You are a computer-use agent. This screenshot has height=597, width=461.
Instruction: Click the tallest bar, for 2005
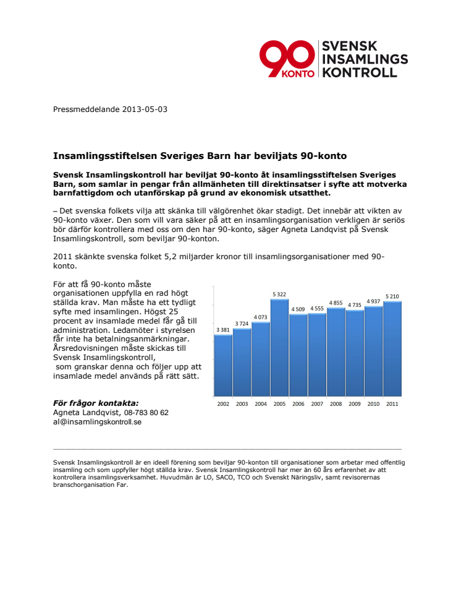279,348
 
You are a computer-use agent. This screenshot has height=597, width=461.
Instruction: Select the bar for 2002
223,366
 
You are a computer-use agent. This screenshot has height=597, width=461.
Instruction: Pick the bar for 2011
392,349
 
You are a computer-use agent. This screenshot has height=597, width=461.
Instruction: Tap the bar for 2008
336,352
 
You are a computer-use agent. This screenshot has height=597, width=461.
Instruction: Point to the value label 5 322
279,294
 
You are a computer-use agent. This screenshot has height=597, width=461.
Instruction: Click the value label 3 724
242,324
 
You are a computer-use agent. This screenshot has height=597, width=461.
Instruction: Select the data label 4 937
373,301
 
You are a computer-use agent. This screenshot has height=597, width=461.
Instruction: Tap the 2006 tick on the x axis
298,404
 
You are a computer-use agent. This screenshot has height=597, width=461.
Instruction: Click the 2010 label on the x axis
373,404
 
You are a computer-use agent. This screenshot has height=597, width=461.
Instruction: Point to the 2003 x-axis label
242,404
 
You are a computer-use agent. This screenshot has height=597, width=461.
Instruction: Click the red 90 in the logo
287,57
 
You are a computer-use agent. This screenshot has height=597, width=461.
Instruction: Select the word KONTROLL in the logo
360,72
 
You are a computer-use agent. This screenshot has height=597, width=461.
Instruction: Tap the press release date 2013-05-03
145,110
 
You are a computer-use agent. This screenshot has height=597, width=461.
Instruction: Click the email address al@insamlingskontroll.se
98,422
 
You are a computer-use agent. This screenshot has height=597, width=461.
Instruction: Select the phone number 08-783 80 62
146,413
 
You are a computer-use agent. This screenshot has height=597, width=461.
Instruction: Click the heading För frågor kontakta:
96,403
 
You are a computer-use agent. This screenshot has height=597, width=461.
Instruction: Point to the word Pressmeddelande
87,110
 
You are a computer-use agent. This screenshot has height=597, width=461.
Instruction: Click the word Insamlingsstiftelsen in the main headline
105,156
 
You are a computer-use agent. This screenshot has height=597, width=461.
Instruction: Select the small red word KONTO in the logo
298,74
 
